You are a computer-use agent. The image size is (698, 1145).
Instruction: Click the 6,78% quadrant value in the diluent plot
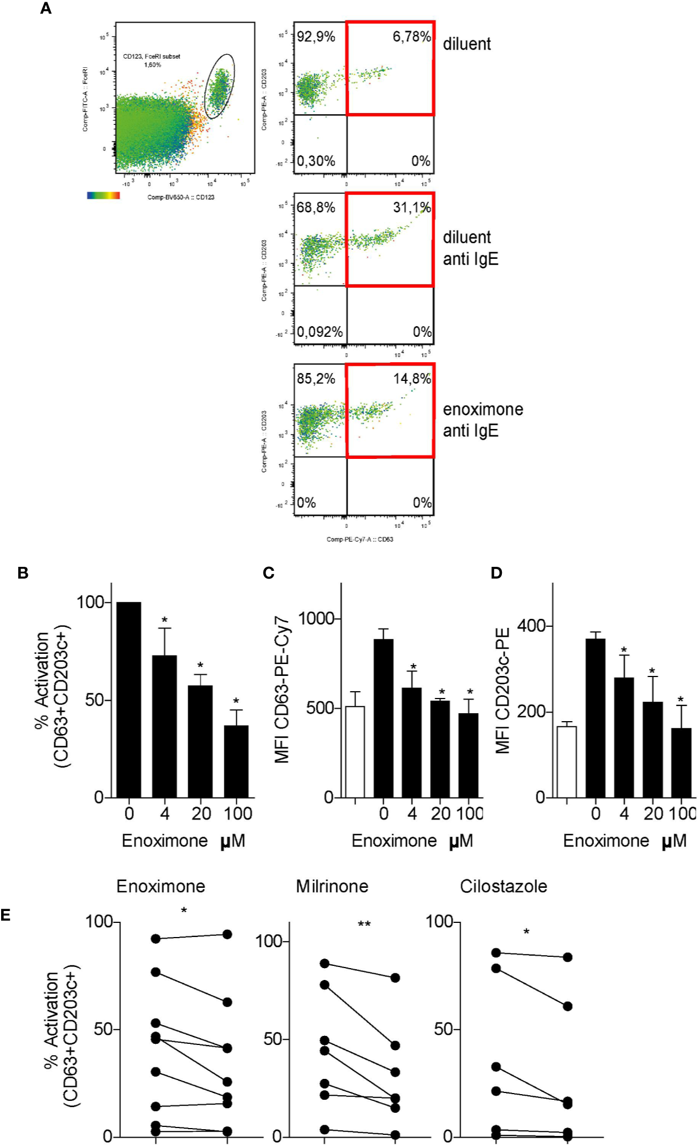click(x=411, y=37)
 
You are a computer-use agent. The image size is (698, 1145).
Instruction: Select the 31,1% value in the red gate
click(x=411, y=207)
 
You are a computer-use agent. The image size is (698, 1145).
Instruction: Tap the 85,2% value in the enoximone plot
click(x=316, y=379)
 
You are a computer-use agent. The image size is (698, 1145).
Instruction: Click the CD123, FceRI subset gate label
click(x=151, y=57)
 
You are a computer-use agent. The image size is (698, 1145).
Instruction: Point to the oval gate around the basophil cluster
click(x=219, y=86)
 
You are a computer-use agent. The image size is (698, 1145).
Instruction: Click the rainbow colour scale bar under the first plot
click(x=103, y=196)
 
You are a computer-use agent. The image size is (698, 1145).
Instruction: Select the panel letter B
click(x=23, y=573)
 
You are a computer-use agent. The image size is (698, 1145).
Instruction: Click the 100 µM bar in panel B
click(x=236, y=761)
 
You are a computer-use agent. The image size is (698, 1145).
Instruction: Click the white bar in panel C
click(x=355, y=752)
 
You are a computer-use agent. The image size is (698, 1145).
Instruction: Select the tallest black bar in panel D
click(x=595, y=718)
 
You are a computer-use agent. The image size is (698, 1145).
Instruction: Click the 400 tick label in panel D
click(x=531, y=626)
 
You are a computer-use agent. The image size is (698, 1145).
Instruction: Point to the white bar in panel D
click(x=566, y=761)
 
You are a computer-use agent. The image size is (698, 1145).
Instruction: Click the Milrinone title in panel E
click(x=332, y=886)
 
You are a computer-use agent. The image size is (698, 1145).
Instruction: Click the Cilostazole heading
click(x=503, y=886)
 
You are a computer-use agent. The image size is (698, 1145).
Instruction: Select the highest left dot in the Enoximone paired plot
click(x=155, y=939)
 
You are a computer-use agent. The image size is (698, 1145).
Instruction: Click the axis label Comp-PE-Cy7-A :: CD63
click(x=359, y=539)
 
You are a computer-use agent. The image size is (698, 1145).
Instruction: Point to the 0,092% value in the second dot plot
click(x=320, y=332)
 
